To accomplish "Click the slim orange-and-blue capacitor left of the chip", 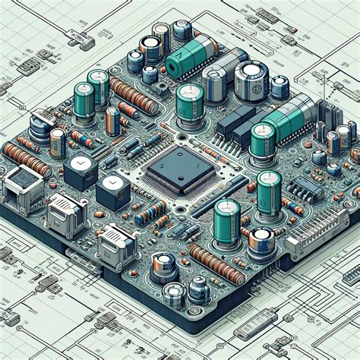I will [112, 122].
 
